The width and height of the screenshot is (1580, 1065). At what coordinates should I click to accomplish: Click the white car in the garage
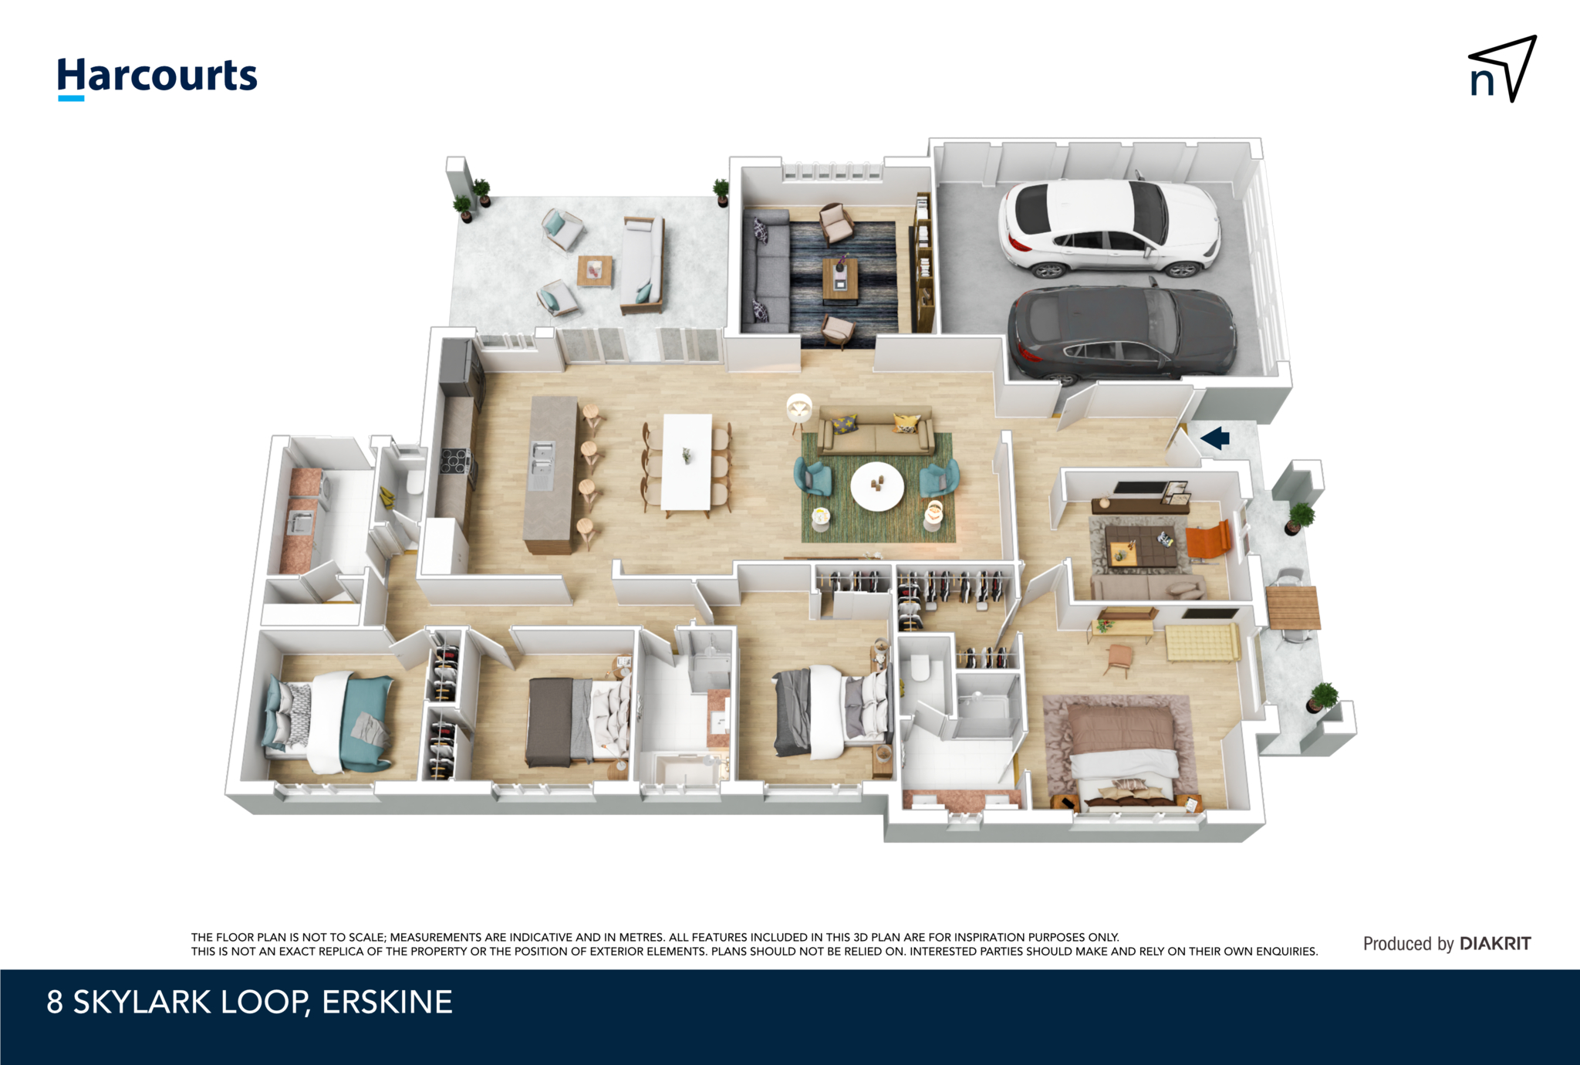[x=1109, y=228]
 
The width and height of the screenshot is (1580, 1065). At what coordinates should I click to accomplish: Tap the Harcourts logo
[x=157, y=77]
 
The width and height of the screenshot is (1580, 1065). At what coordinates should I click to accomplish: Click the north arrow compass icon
[x=1503, y=69]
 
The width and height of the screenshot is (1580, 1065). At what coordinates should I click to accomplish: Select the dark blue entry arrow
[x=1215, y=438]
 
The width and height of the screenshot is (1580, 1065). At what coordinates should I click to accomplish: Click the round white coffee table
[x=877, y=486]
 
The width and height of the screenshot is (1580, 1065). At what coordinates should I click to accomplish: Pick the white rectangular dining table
[x=687, y=461]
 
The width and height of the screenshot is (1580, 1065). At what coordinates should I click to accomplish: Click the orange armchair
[x=1207, y=539]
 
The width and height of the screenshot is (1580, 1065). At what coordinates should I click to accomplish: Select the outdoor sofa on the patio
[x=643, y=265]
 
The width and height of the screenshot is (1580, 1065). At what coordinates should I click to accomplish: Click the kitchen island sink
[x=542, y=465]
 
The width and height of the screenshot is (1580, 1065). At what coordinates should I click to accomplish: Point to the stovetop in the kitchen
[x=455, y=461]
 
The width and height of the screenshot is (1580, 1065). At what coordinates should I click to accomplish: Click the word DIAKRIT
[x=1495, y=943]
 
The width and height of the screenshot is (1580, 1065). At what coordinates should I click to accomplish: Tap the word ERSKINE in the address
[x=387, y=1002]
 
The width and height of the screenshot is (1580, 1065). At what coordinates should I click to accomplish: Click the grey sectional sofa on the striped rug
[x=766, y=269]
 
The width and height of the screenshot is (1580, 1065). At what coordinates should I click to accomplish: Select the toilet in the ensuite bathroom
[x=921, y=668]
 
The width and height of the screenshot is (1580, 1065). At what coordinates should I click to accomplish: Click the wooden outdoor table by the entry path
[x=1293, y=607]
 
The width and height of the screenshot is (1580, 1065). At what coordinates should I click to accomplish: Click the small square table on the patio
[x=595, y=270]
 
